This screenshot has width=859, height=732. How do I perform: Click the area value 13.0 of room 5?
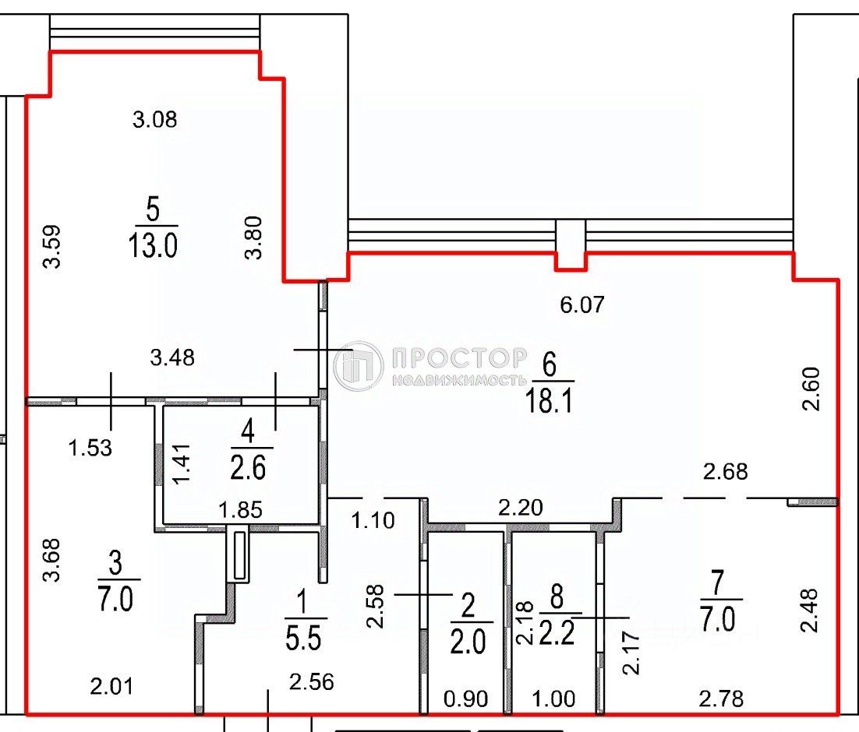point(153,246)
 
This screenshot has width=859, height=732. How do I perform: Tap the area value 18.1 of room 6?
point(550,403)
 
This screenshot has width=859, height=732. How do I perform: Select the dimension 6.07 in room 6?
point(582,304)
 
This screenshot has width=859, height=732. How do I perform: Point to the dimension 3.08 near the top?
point(155,120)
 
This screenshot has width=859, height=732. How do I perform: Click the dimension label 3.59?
point(52,247)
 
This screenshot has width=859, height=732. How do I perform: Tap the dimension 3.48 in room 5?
point(172,358)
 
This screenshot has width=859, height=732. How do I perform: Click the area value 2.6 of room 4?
point(249,469)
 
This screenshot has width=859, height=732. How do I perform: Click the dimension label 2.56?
point(311,683)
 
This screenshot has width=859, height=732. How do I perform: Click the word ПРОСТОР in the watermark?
point(459,357)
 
